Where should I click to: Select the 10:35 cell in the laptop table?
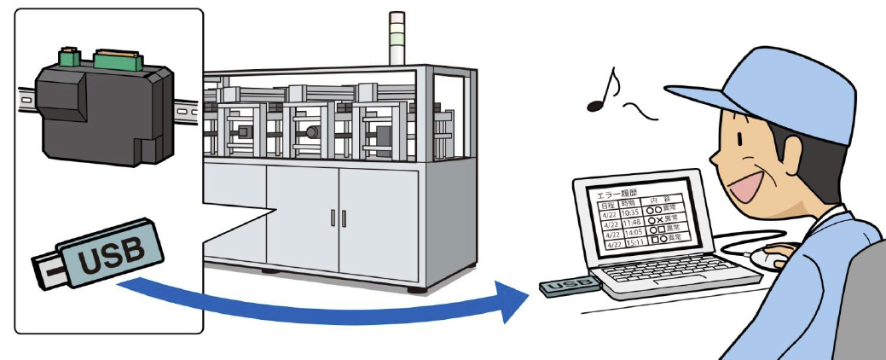(632, 214)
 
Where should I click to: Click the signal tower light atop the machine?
(397, 38)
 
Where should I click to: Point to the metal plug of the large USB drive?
(49, 272)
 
